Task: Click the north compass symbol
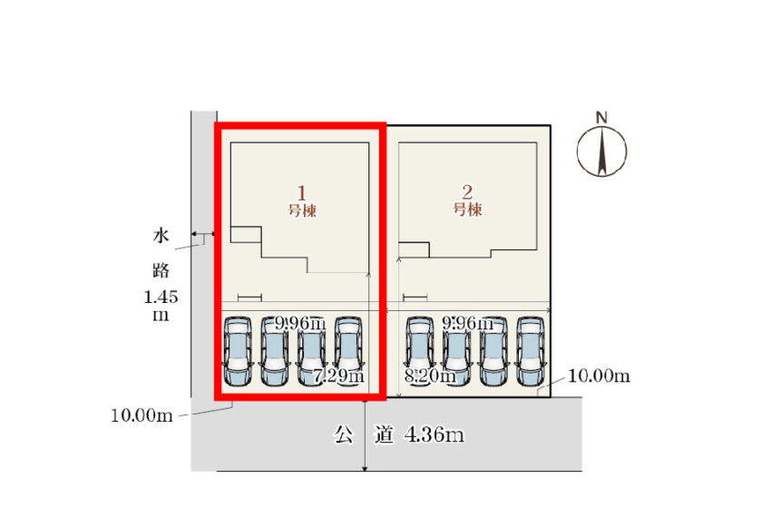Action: click(x=601, y=148)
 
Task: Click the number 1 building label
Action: click(x=302, y=192)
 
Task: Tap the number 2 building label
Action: click(x=467, y=192)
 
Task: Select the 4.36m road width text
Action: click(x=434, y=436)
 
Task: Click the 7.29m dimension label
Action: click(x=338, y=376)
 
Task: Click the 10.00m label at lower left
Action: click(x=142, y=416)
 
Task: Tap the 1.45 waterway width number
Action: click(x=161, y=297)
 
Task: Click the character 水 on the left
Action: click(x=161, y=238)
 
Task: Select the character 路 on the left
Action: click(x=161, y=269)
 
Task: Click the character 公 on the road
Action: click(x=343, y=436)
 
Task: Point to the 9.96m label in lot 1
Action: click(x=300, y=323)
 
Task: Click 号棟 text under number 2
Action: click(x=467, y=210)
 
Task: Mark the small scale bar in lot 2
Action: click(x=415, y=298)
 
